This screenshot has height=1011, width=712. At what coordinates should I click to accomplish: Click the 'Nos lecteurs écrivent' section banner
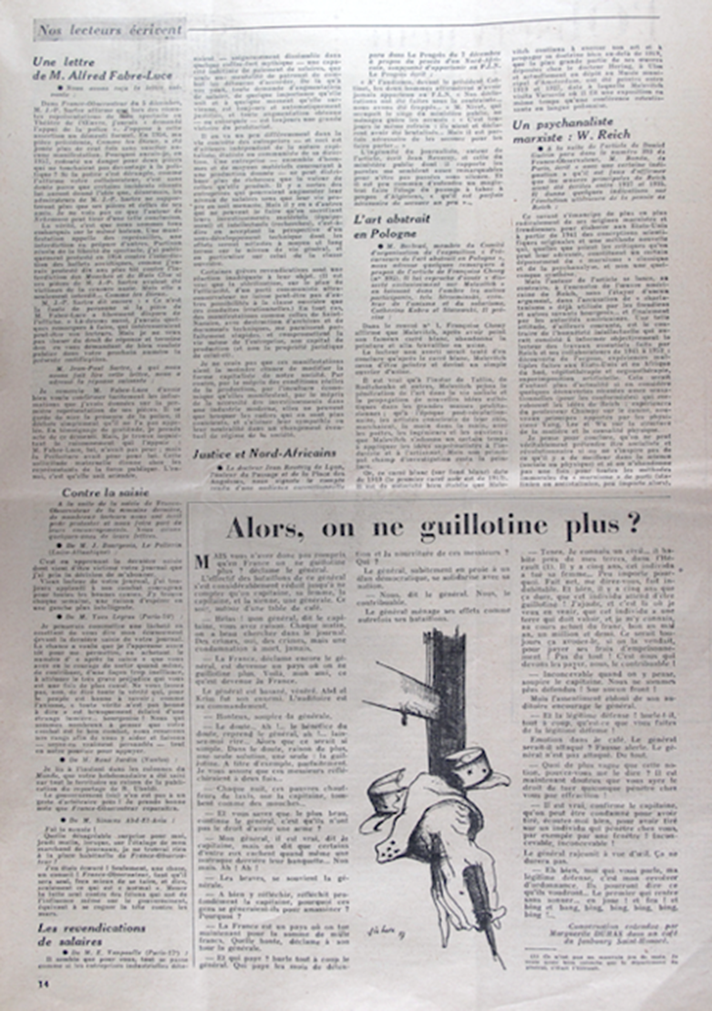pyautogui.click(x=109, y=30)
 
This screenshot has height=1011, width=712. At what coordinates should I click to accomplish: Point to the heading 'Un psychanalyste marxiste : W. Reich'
pyautogui.click(x=572, y=126)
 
